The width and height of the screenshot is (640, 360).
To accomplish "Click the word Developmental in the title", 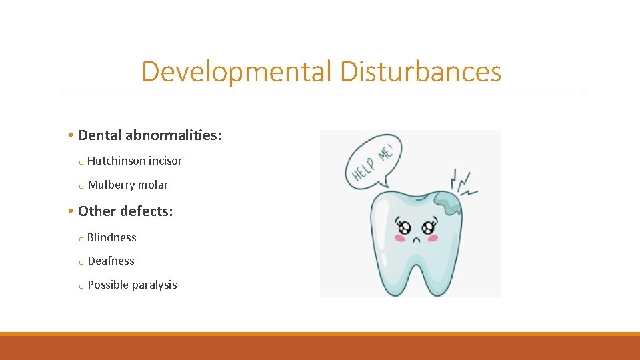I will tap(236, 72).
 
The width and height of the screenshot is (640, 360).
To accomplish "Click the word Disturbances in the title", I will tap(420, 72).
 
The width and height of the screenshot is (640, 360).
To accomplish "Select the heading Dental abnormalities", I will tap(149, 135).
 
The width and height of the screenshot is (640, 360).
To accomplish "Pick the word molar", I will tap(154, 185).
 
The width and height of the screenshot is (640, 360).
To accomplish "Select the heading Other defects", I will tap(125, 211).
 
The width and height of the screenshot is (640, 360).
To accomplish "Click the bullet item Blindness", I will tap(111, 237).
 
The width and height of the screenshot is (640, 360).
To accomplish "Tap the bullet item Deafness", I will tap(111, 261).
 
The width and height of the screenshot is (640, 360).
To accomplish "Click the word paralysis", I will tap(155, 285).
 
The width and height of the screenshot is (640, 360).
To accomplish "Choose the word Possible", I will tap(108, 285).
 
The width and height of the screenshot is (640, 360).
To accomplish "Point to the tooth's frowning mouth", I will tap(417, 239).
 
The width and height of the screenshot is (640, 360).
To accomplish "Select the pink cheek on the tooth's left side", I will tap(400, 237).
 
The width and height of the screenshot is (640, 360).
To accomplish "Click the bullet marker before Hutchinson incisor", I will tap(79, 162).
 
